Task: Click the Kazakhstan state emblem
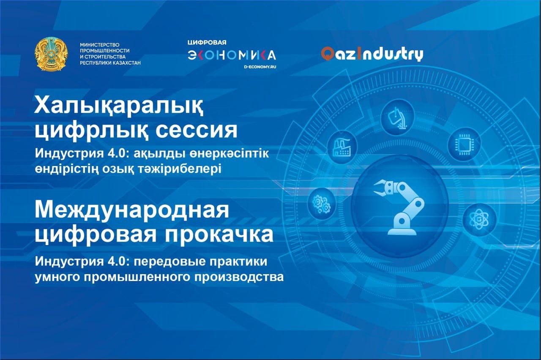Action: pyautogui.click(x=51, y=54)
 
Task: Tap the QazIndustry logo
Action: pyautogui.click(x=372, y=54)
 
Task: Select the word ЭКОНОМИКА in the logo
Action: pyautogui.click(x=232, y=55)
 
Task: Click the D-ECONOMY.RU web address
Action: pyautogui.click(x=260, y=67)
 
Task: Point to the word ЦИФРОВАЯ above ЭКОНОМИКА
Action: pyautogui.click(x=207, y=43)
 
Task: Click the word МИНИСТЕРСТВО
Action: pyautogui.click(x=100, y=45)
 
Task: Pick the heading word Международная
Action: pyautogui.click(x=132, y=211)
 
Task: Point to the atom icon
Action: pyautogui.click(x=479, y=219)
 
